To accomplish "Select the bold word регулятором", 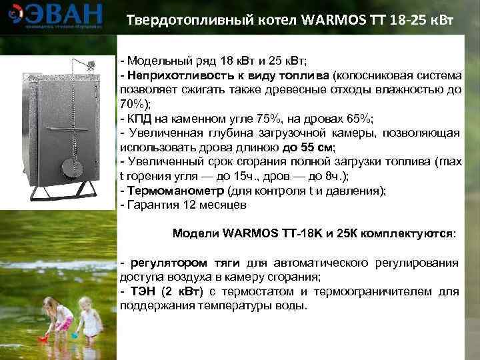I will click(163, 263).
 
